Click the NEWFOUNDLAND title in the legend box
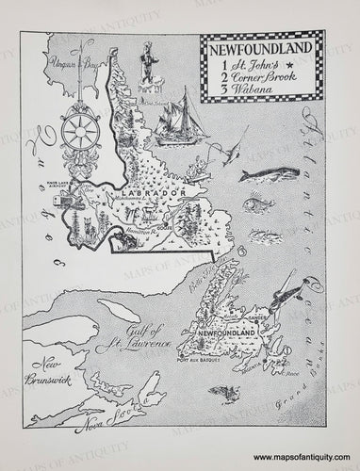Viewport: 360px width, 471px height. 260,47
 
